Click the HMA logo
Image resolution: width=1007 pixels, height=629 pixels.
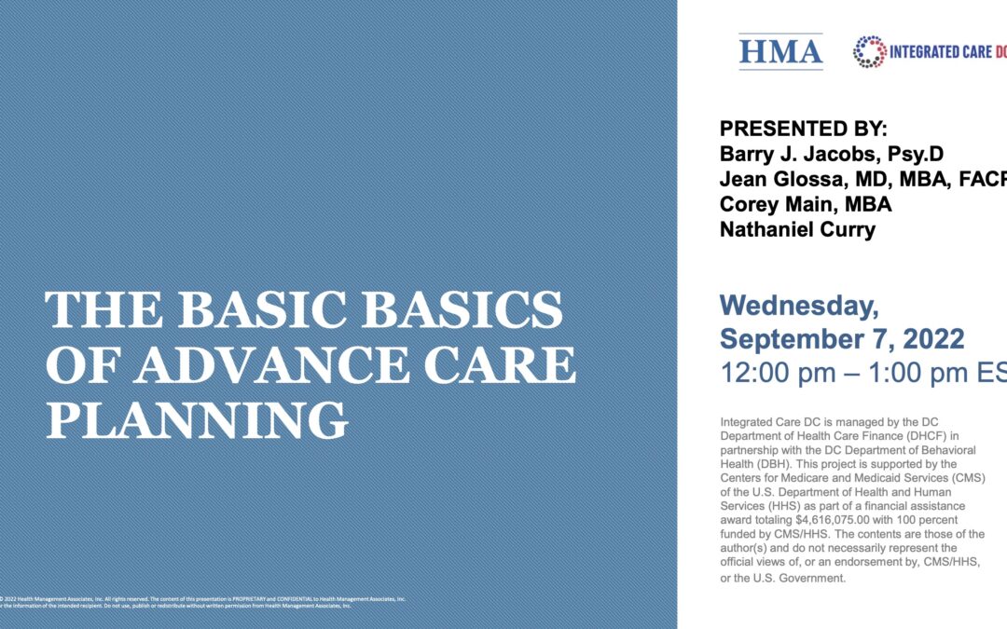pyautogui.click(x=780, y=51)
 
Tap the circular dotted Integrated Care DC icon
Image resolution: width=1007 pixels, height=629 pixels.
pyautogui.click(x=870, y=52)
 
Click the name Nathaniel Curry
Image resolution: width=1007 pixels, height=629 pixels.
pyautogui.click(x=797, y=230)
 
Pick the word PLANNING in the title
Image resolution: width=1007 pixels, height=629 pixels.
pyautogui.click(x=197, y=420)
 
